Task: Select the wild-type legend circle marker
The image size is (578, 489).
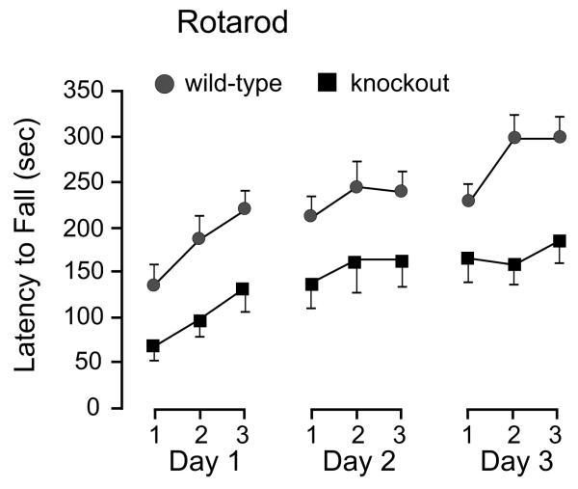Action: tap(165, 84)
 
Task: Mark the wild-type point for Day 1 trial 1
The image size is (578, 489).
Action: tap(153, 285)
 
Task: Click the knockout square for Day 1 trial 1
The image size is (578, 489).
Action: tap(153, 345)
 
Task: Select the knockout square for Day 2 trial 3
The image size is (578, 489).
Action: tap(401, 261)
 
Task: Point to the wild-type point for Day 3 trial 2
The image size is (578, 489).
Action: tap(514, 138)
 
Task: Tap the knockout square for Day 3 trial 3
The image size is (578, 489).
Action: tap(558, 241)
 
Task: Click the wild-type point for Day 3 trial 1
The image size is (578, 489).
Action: tap(469, 201)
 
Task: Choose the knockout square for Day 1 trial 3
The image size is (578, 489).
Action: tap(242, 288)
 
